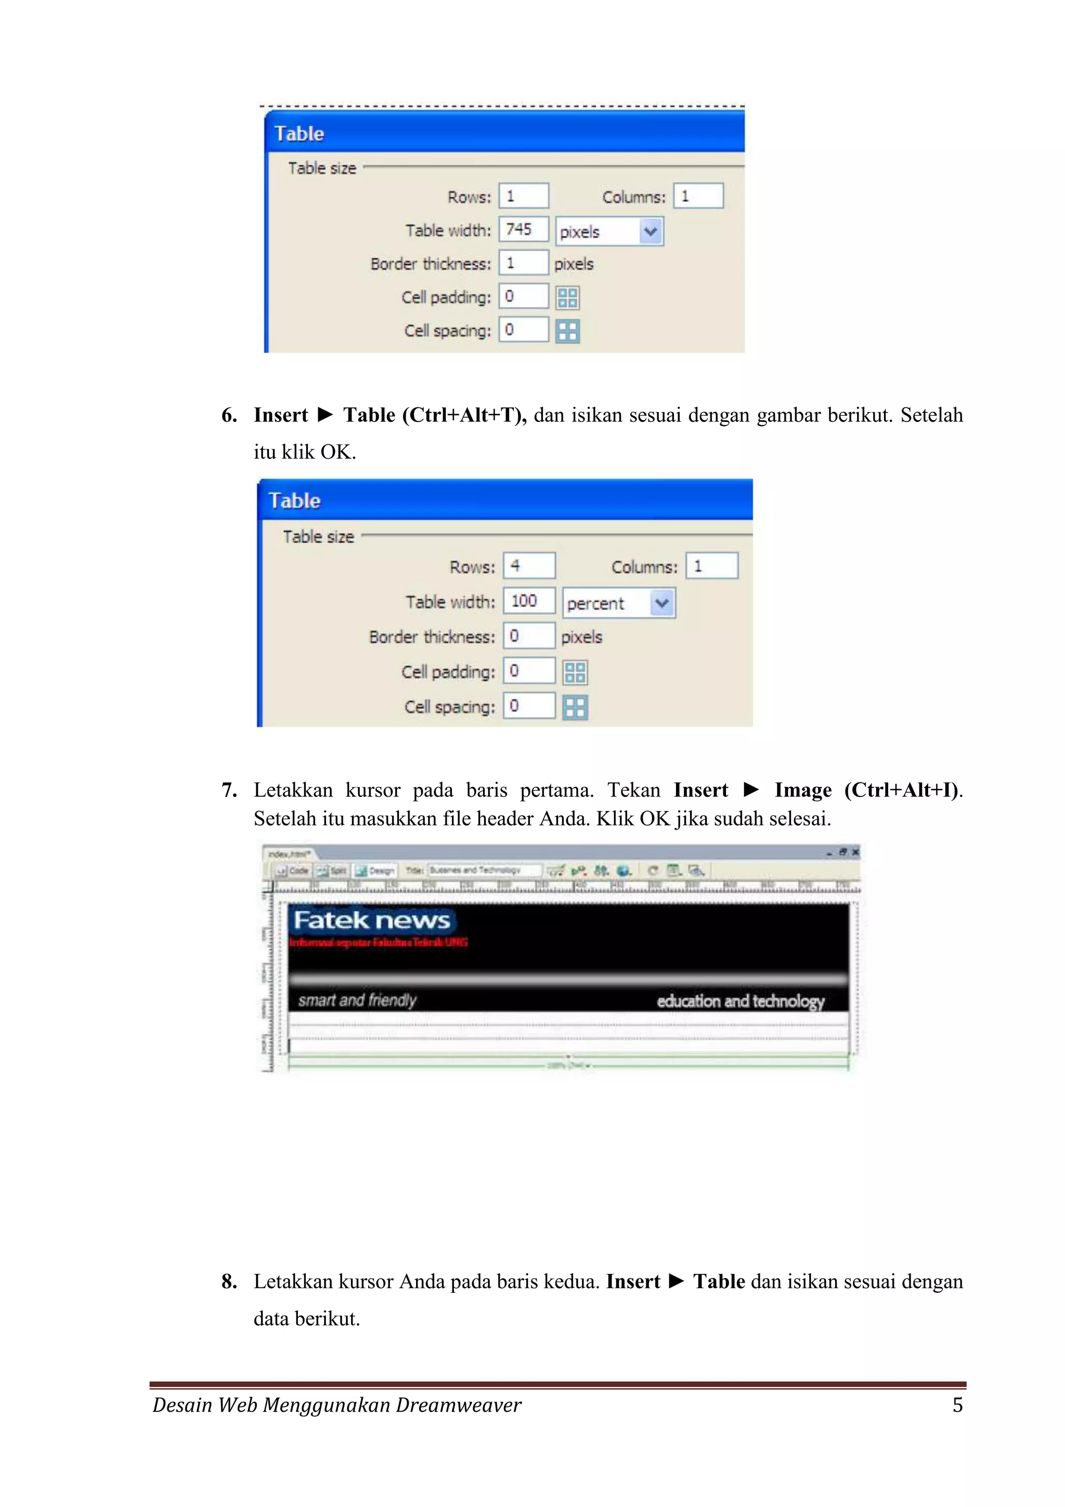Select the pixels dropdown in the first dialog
pyautogui.click(x=609, y=231)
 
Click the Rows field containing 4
pyautogui.click(x=529, y=566)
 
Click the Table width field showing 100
pyautogui.click(x=529, y=601)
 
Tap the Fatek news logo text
pyautogui.click(x=371, y=920)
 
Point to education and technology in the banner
pyautogui.click(x=740, y=1001)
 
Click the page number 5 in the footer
pyautogui.click(x=957, y=1405)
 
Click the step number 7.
pyautogui.click(x=228, y=790)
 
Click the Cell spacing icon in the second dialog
pyautogui.click(x=575, y=707)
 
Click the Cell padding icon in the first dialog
pyautogui.click(x=568, y=298)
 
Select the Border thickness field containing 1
pyautogui.click(x=523, y=263)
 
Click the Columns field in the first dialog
pyautogui.click(x=698, y=196)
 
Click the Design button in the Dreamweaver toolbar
pyautogui.click(x=375, y=871)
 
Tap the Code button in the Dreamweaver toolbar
pyautogui.click(x=292, y=871)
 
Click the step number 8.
pyautogui.click(x=228, y=1281)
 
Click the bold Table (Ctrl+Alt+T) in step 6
pyautogui.click(x=434, y=415)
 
